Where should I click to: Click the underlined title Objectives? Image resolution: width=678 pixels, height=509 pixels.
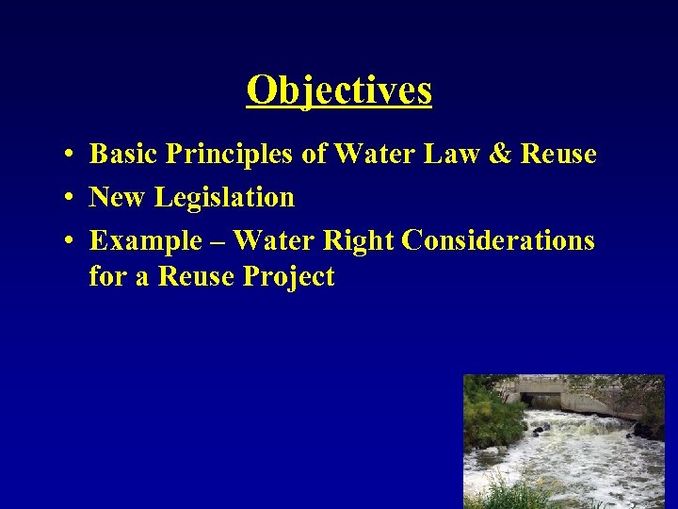339,91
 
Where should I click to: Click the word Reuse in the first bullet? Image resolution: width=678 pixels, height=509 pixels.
558,154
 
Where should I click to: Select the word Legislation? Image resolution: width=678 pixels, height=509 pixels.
224,199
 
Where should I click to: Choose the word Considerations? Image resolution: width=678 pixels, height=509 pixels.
498,241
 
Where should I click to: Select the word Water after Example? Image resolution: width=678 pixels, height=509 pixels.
273,241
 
